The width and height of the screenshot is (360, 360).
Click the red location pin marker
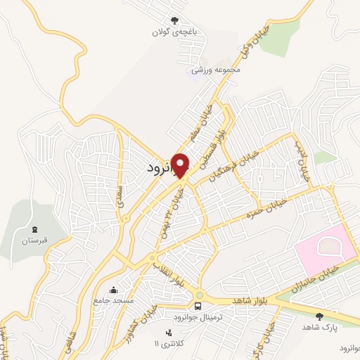pos(181,165)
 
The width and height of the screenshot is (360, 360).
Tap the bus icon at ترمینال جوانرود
pos(200,306)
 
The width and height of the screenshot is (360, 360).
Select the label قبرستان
pos(33,240)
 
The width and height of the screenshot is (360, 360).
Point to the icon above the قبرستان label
pos(34,229)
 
